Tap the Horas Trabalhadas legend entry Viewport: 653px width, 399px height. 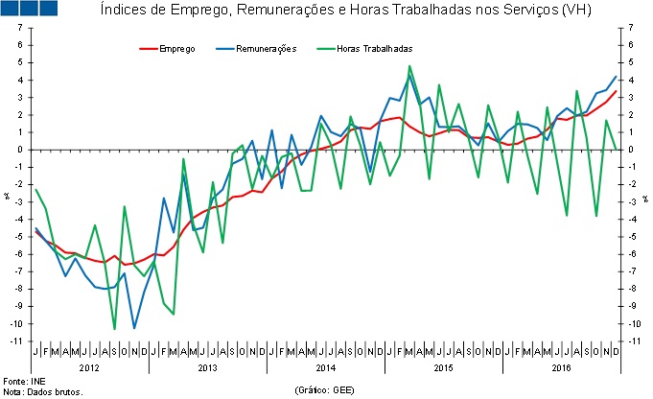click(374, 47)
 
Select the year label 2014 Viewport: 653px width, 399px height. click(326, 366)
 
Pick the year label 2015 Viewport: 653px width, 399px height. click(442, 366)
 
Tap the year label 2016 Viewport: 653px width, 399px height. click(559, 366)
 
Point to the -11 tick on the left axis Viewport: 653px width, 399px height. click(18, 341)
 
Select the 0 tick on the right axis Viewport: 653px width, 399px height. click(631, 150)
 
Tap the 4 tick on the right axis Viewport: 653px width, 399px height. click(631, 81)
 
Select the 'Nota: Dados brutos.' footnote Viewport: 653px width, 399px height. click(43, 391)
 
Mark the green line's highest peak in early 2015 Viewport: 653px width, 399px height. click(409, 66)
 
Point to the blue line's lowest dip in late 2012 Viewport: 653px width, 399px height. click(134, 328)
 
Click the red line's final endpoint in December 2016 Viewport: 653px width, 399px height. click(615, 91)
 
